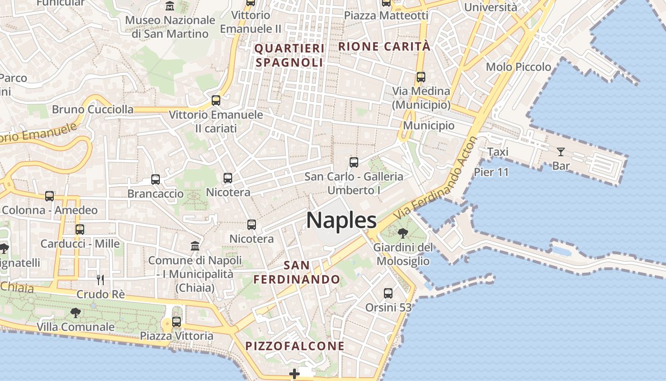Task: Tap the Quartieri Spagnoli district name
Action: (289, 55)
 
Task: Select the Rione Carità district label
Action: (384, 47)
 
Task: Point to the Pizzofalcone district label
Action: (295, 346)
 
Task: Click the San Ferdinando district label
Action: (297, 272)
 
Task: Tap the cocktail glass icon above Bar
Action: (561, 152)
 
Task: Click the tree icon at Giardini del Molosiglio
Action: (403, 233)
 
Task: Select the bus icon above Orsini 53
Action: (388, 293)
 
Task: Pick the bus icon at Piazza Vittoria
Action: (176, 322)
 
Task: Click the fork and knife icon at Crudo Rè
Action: (100, 280)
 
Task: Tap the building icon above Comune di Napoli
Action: (195, 246)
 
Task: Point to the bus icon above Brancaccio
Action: (156, 180)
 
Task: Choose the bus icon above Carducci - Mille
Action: (80, 230)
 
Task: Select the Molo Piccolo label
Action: (518, 67)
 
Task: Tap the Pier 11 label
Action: (491, 172)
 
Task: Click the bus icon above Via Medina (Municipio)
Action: (421, 77)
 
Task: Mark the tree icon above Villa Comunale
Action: (75, 313)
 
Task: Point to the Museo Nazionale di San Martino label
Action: (170, 27)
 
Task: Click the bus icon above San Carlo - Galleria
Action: (354, 162)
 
